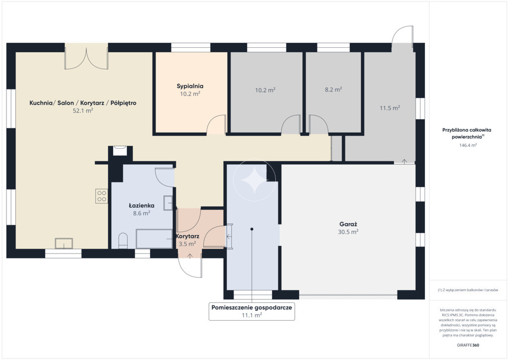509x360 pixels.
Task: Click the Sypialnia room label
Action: pyautogui.click(x=190, y=86)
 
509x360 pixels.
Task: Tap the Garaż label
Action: pyautogui.click(x=348, y=224)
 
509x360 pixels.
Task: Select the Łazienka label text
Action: pyautogui.click(x=141, y=205)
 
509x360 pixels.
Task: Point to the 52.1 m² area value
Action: pyautogui.click(x=83, y=111)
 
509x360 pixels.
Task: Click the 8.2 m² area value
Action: pyautogui.click(x=334, y=90)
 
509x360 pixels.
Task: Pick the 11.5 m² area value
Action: pyautogui.click(x=390, y=108)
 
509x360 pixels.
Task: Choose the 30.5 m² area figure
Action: pyautogui.click(x=348, y=232)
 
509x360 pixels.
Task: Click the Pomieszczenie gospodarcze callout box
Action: pyautogui.click(x=252, y=311)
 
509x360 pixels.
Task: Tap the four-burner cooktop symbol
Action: pyautogui.click(x=101, y=196)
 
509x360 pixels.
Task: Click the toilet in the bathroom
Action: pyautogui.click(x=123, y=241)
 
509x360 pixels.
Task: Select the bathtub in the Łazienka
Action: pyautogui.click(x=154, y=239)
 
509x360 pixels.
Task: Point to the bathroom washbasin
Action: pyautogui.click(x=168, y=203)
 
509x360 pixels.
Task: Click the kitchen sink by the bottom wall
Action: pyautogui.click(x=64, y=243)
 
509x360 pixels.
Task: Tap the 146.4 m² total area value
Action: pyautogui.click(x=468, y=145)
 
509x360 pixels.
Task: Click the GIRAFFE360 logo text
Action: pyautogui.click(x=468, y=345)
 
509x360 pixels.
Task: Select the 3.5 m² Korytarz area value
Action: pyautogui.click(x=187, y=244)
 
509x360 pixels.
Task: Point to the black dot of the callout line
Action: pyautogui.click(x=252, y=229)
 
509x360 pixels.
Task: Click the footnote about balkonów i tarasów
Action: pyautogui.click(x=468, y=290)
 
